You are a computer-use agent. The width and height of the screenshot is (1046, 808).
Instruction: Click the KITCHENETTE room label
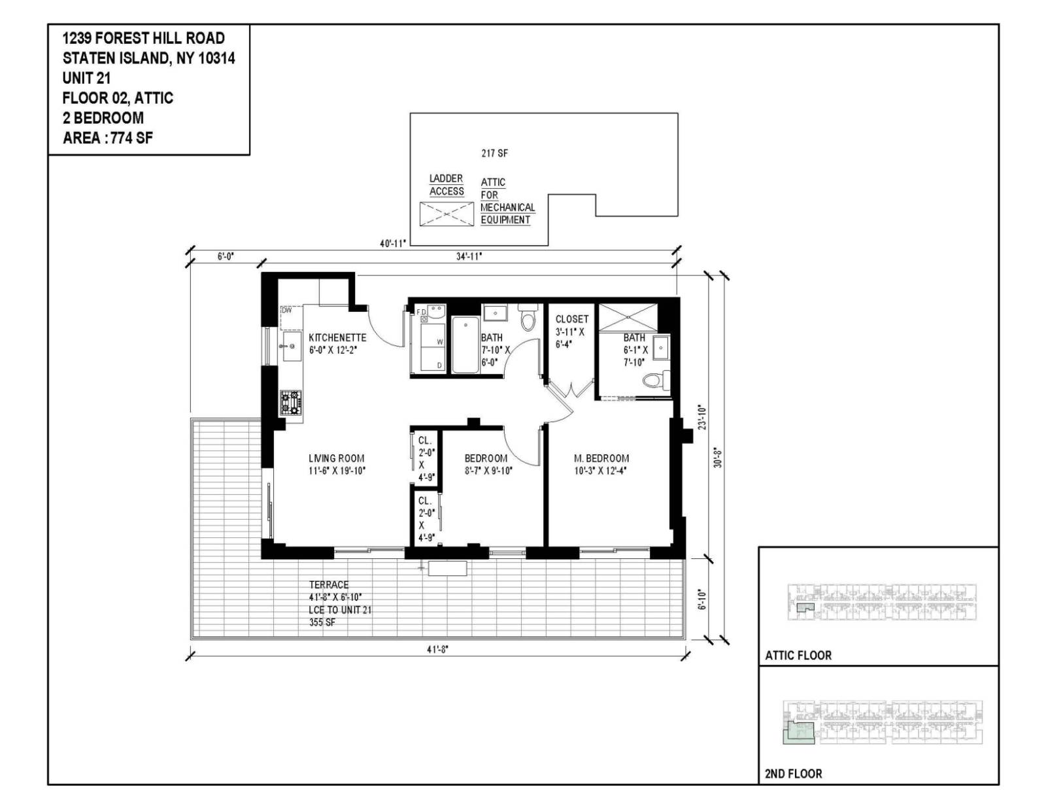click(337, 337)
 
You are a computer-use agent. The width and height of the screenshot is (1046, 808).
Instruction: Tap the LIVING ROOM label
click(336, 458)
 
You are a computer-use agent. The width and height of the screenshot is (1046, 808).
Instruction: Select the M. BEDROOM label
click(601, 458)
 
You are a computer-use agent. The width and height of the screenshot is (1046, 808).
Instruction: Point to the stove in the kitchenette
click(291, 403)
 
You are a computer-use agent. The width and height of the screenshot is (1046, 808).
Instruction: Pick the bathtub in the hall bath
click(465, 345)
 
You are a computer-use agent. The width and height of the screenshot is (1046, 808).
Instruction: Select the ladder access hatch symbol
click(447, 214)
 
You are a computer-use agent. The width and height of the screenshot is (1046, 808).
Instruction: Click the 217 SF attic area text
click(494, 154)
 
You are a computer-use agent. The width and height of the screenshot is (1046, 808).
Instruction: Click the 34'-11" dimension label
click(469, 256)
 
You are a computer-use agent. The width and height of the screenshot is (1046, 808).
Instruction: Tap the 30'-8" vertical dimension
click(717, 458)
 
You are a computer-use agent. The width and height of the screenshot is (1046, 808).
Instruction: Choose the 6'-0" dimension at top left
click(226, 257)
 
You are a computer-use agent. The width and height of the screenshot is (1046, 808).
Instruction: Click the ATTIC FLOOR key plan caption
click(798, 655)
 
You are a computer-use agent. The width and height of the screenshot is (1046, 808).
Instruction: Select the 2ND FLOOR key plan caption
click(793, 773)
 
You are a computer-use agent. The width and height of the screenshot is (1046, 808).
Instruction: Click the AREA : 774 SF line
click(108, 138)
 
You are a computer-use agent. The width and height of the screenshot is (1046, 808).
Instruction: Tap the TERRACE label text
click(329, 584)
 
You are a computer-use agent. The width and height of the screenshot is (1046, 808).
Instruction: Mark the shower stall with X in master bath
click(628, 317)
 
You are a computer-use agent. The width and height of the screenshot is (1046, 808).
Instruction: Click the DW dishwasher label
click(286, 311)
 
